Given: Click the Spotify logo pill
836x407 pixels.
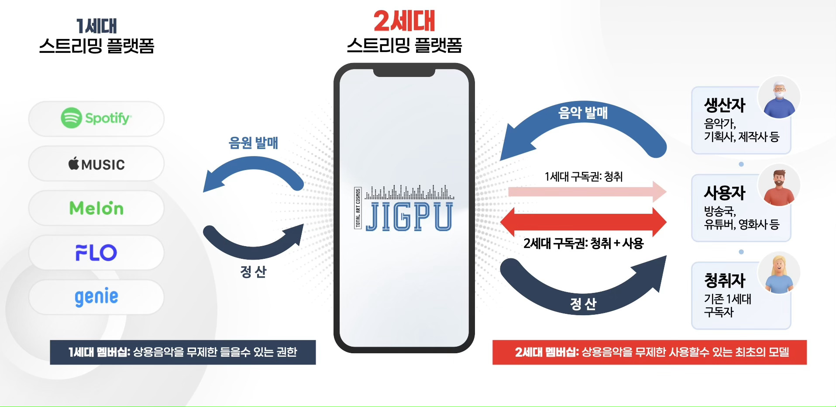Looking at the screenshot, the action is [96, 118].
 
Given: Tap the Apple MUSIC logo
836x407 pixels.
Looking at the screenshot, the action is [96, 164].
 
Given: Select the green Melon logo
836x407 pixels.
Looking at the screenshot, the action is [96, 208].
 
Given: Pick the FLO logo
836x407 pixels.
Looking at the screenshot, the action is [96, 253].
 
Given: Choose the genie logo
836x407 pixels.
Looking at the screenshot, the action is [96, 297].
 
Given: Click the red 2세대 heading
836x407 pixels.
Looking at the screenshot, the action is [404, 21].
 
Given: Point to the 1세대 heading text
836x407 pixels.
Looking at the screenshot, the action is [96, 26].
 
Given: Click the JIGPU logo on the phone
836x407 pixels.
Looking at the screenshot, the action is [404, 209].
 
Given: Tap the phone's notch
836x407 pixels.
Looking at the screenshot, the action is [404, 73].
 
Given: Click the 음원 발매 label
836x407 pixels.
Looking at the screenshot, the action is [253, 143].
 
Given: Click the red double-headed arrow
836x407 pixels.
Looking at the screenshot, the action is [583, 222].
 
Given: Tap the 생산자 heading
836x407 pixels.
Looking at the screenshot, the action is [725, 105].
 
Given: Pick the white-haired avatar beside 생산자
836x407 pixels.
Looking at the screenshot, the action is [779, 99].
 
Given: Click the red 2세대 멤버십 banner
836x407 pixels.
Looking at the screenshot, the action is [650, 352].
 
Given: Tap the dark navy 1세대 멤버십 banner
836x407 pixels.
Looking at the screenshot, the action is [182, 352].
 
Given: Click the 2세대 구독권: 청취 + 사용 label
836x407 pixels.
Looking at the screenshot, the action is [583, 244].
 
